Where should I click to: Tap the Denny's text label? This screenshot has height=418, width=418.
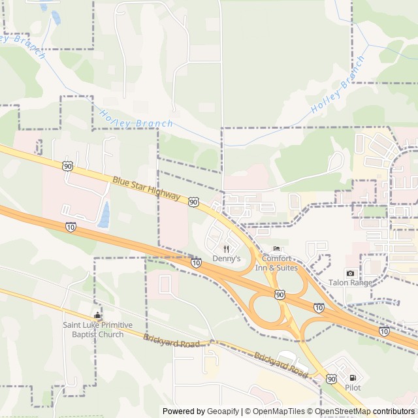click(x=227, y=259)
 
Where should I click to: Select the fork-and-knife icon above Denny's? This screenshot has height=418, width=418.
click(x=227, y=249)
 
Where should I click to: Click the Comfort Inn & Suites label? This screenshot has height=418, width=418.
click(x=276, y=263)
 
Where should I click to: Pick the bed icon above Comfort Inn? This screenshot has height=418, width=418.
click(x=276, y=249)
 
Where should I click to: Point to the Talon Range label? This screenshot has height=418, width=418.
click(x=350, y=283)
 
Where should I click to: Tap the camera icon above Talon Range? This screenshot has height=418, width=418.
click(x=351, y=273)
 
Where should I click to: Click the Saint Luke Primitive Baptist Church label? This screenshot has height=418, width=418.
click(x=97, y=330)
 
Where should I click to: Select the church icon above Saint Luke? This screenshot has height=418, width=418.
click(x=97, y=316)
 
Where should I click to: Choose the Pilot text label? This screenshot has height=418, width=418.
click(x=353, y=387)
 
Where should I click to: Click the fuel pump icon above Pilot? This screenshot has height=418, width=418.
click(x=353, y=378)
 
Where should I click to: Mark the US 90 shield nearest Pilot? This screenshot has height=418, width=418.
click(x=332, y=379)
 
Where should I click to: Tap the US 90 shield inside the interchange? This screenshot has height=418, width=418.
click(x=280, y=295)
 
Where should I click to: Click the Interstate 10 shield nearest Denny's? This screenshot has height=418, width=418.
click(x=197, y=263)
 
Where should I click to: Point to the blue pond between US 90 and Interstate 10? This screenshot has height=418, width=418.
click(x=104, y=213)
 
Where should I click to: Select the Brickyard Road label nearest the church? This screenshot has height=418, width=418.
click(x=171, y=340)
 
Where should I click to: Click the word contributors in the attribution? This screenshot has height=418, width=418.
click(x=394, y=411)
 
